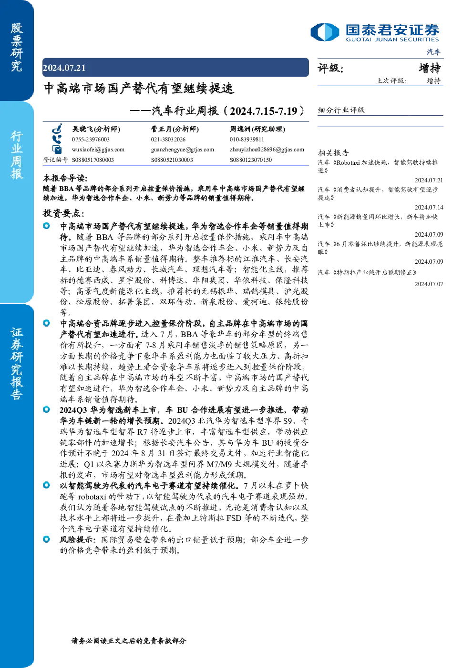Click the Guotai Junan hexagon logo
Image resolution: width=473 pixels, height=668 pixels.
[325, 32]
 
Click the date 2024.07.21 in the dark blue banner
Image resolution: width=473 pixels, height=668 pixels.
[64, 68]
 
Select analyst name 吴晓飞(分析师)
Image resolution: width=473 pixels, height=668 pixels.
[96, 129]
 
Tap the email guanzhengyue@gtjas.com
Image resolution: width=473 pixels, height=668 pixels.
[183, 150]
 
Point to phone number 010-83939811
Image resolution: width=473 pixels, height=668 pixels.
[247, 140]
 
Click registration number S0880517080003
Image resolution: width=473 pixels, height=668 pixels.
[93, 160]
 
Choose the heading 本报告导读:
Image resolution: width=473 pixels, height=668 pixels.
[65, 178]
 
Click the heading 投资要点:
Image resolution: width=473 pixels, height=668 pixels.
[63, 213]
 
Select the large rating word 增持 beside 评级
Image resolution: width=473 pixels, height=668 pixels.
[430, 68]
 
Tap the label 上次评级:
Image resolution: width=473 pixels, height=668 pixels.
[391, 80]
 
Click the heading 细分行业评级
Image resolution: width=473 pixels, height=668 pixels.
[341, 110]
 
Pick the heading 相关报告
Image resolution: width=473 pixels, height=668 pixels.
[333, 153]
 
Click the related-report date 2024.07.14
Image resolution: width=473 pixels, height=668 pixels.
[429, 207]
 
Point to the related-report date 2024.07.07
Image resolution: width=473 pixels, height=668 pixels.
[429, 284]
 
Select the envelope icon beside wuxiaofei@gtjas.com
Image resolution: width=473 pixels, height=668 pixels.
[57, 149]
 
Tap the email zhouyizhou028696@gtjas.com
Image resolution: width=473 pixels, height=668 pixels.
[267, 150]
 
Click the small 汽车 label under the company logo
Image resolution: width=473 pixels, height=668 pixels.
[433, 52]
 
